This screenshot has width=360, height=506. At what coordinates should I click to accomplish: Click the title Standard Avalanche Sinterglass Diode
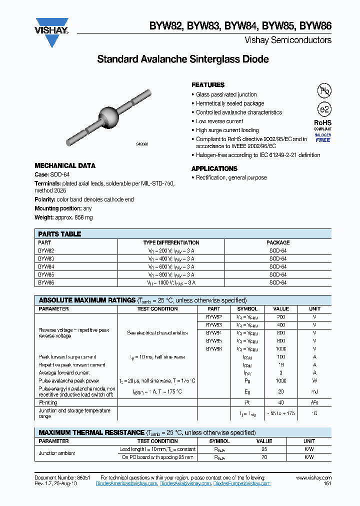point(182,59)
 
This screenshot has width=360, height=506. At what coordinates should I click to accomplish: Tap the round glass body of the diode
point(108,116)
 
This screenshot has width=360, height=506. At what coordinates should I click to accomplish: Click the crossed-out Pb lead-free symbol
point(323,90)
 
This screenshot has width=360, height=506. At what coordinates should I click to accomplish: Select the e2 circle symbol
point(323,109)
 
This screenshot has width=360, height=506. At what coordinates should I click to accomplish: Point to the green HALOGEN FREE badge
point(322,137)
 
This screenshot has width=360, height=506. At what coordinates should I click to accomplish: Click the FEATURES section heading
point(208,85)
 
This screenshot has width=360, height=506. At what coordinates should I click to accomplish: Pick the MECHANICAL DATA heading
point(64,165)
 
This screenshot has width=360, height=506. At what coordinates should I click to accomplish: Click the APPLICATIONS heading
point(214,168)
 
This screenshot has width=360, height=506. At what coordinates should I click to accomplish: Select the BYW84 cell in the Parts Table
point(46,266)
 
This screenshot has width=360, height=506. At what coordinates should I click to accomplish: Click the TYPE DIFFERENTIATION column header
point(170,242)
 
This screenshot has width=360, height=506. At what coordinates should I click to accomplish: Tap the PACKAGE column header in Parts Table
point(277,242)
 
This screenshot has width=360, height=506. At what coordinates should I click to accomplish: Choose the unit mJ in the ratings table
point(314,392)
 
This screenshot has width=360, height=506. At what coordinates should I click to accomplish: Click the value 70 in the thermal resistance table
point(264,457)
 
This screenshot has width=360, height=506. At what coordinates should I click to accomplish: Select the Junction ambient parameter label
point(57,453)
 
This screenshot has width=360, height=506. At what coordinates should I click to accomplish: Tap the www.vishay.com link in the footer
point(313,478)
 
